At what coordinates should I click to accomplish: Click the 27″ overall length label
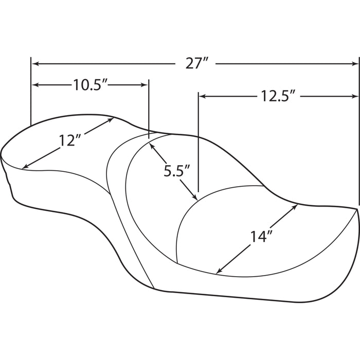click(x=197, y=63)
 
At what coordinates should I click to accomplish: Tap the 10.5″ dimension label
click(x=91, y=85)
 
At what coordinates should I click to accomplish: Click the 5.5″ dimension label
click(x=176, y=171)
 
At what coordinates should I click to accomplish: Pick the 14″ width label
click(x=261, y=237)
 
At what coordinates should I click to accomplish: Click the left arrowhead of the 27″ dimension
click(x=35, y=64)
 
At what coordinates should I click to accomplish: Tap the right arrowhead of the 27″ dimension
click(x=355, y=64)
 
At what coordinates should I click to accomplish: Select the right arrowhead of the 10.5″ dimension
click(x=145, y=85)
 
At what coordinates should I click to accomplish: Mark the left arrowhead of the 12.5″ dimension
click(x=202, y=97)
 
